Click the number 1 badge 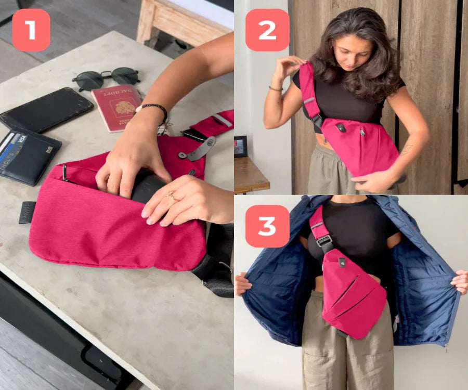coord(31,30)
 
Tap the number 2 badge coord(267,30)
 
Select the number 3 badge coord(267,226)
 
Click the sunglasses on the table coord(106,79)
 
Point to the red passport coord(117,107)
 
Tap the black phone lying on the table coord(47,109)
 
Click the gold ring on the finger coord(171,196)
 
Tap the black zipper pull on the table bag coord(64,172)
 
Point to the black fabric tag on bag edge coord(27,212)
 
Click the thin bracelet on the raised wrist coord(275,89)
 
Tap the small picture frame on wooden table coord(240,146)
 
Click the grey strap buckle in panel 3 coord(324,241)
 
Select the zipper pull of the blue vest coord(446,345)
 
